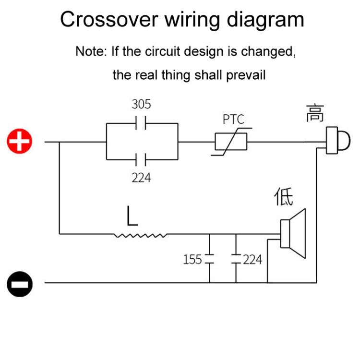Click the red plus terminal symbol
(20, 142)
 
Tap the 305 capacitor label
(141, 104)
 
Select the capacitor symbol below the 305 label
(141, 123)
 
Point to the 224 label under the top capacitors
(141, 178)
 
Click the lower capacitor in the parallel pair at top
(141, 159)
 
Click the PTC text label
(233, 119)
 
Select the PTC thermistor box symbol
(231, 142)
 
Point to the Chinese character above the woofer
(284, 197)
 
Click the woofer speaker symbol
(293, 234)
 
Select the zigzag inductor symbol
(141, 235)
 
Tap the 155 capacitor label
(192, 260)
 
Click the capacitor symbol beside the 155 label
(209, 260)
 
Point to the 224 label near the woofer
(252, 260)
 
